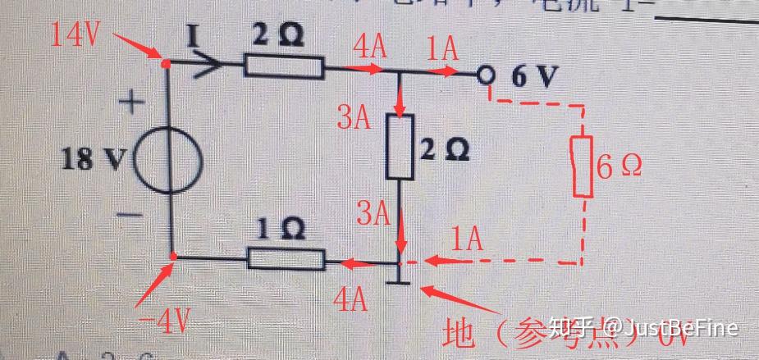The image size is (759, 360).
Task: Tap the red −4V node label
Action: point(164,318)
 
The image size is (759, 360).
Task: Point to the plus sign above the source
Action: point(132,103)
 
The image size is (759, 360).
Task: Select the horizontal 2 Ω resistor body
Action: point(284,66)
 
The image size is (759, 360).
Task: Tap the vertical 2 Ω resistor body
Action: point(400,146)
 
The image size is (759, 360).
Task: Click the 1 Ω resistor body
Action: point(286,261)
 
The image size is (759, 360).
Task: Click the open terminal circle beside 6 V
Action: point(487,75)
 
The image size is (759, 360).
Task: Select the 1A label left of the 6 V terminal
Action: point(444,49)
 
